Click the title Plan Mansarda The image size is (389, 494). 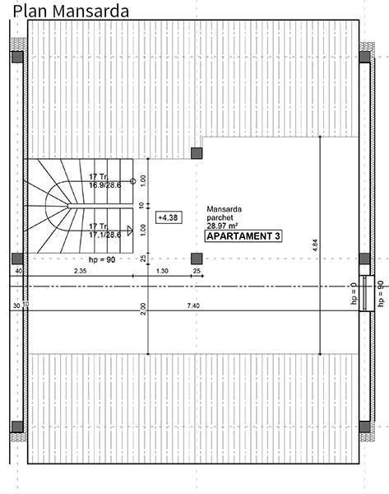pyautogui.click(x=71, y=11)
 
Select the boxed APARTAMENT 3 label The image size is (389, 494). pyautogui.click(x=243, y=236)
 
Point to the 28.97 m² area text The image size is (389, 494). pyautogui.click(x=228, y=225)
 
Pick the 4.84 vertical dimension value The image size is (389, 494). pyautogui.click(x=315, y=245)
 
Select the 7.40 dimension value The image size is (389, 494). pyautogui.click(x=193, y=306)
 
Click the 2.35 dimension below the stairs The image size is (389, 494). pyautogui.click(x=80, y=271)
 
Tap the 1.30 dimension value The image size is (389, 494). pyautogui.click(x=162, y=271)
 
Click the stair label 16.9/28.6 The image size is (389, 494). pyautogui.click(x=104, y=186)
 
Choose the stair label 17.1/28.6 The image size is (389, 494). pyautogui.click(x=104, y=235)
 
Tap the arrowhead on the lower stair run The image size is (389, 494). pyautogui.click(x=130, y=231)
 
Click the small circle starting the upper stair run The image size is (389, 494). pyautogui.click(x=132, y=180)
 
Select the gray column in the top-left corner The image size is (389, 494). pyautogui.click(x=16, y=57)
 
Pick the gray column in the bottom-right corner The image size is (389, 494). pyautogui.click(x=365, y=426)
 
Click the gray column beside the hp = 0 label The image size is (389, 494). pyautogui.click(x=365, y=259)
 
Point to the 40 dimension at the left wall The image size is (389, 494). pyautogui.click(x=17, y=271)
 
